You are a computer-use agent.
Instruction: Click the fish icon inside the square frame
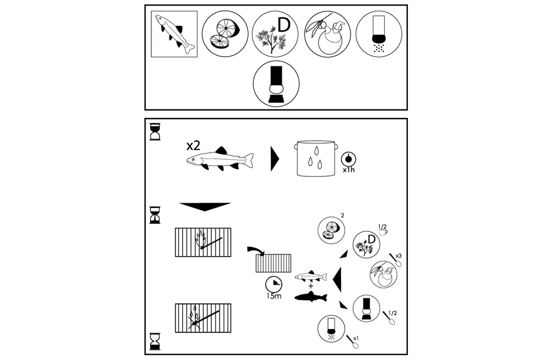point(175,33)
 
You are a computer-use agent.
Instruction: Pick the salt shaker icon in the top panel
point(378,33)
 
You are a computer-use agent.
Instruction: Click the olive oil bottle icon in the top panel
point(327,33)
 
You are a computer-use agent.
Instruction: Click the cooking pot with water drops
point(315,158)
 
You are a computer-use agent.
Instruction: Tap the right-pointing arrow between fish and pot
point(275,159)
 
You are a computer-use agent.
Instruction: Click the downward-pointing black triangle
point(205,207)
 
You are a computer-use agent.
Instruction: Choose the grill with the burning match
point(203,242)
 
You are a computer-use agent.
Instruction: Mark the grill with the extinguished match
point(203,317)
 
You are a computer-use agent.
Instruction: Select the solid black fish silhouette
point(312,297)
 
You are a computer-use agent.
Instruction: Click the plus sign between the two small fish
point(312,287)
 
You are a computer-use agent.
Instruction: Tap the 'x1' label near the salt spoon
point(356,338)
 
